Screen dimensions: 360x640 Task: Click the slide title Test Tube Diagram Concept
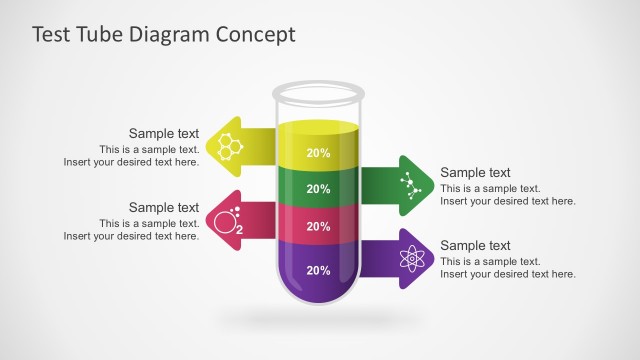coord(164,35)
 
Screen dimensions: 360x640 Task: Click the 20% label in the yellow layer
coord(318,153)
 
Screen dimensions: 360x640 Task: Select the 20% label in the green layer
coord(318,189)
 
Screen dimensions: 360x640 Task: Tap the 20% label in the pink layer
coord(318,227)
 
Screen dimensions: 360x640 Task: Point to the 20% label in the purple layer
coord(318,270)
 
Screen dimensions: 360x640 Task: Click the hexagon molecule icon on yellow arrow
coord(232,144)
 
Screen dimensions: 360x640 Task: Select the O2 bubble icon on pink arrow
coord(227,220)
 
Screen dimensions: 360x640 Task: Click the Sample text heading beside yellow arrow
coord(164,133)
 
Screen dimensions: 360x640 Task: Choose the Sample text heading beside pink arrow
coord(164,207)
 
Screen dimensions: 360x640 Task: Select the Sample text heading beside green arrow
coord(475,172)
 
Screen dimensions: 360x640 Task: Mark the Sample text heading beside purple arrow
coord(475,245)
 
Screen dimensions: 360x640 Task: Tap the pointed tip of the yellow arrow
coord(206,145)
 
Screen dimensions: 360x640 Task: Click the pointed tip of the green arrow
coord(431,185)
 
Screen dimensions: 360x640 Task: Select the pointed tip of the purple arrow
coord(431,259)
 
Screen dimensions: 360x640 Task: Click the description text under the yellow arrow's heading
coord(132,156)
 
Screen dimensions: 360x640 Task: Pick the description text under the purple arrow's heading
coord(507,268)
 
